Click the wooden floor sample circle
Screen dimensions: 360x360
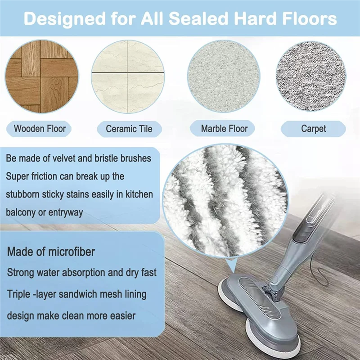pyautogui.click(x=42, y=76)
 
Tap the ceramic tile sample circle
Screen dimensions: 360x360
pyautogui.click(x=127, y=76)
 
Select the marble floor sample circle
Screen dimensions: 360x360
pyautogui.click(x=224, y=76)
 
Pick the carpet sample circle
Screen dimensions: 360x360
pyautogui.click(x=310, y=76)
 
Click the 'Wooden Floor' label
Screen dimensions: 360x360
pyautogui.click(x=40, y=129)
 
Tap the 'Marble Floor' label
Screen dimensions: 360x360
pyautogui.click(x=224, y=129)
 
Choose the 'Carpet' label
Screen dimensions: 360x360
pyautogui.click(x=313, y=129)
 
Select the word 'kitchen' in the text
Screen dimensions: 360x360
pyautogui.click(x=136, y=194)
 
